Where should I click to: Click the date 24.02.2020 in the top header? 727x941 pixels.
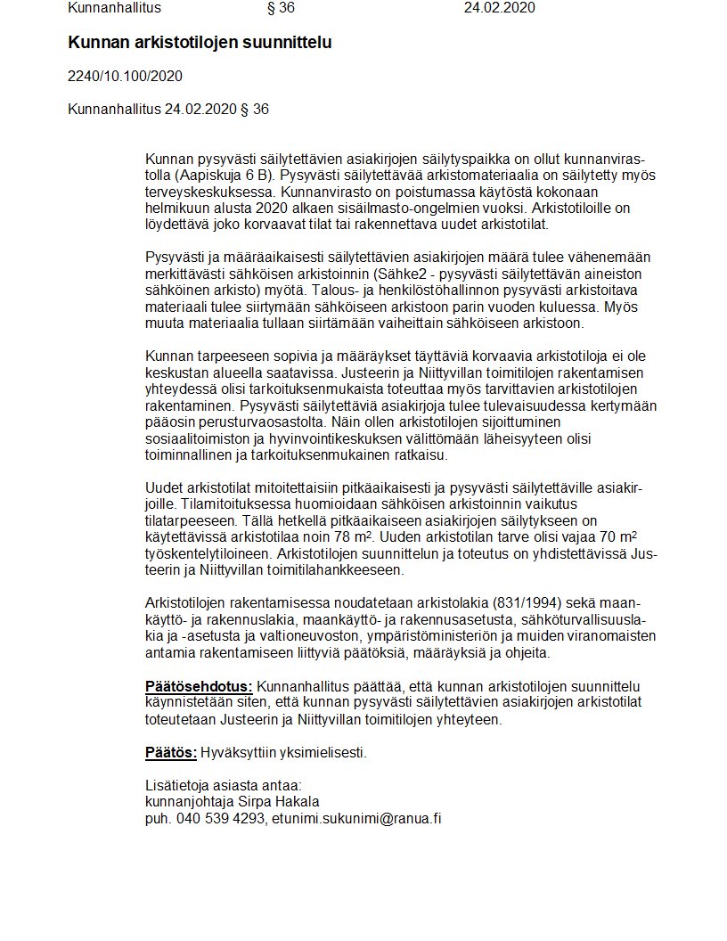tap(500, 9)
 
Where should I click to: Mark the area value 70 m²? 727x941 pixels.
tap(617, 536)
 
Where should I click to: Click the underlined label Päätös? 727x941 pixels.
tap(171, 753)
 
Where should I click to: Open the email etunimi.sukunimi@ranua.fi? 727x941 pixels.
tap(356, 818)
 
